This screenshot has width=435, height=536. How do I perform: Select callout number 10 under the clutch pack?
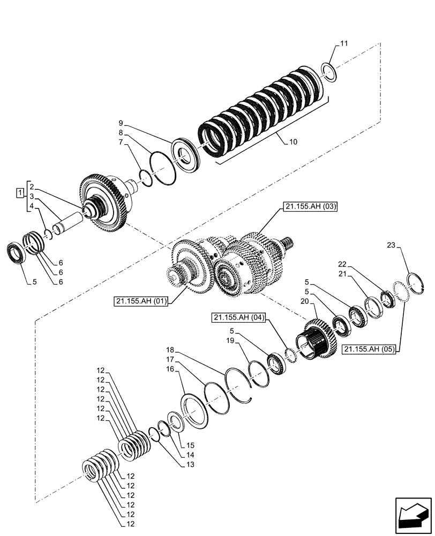coord(292,143)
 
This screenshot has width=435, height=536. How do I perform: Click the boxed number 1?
coord(20,192)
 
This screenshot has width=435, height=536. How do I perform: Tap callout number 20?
coord(305,302)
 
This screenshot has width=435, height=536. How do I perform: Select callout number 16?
coord(169,369)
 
